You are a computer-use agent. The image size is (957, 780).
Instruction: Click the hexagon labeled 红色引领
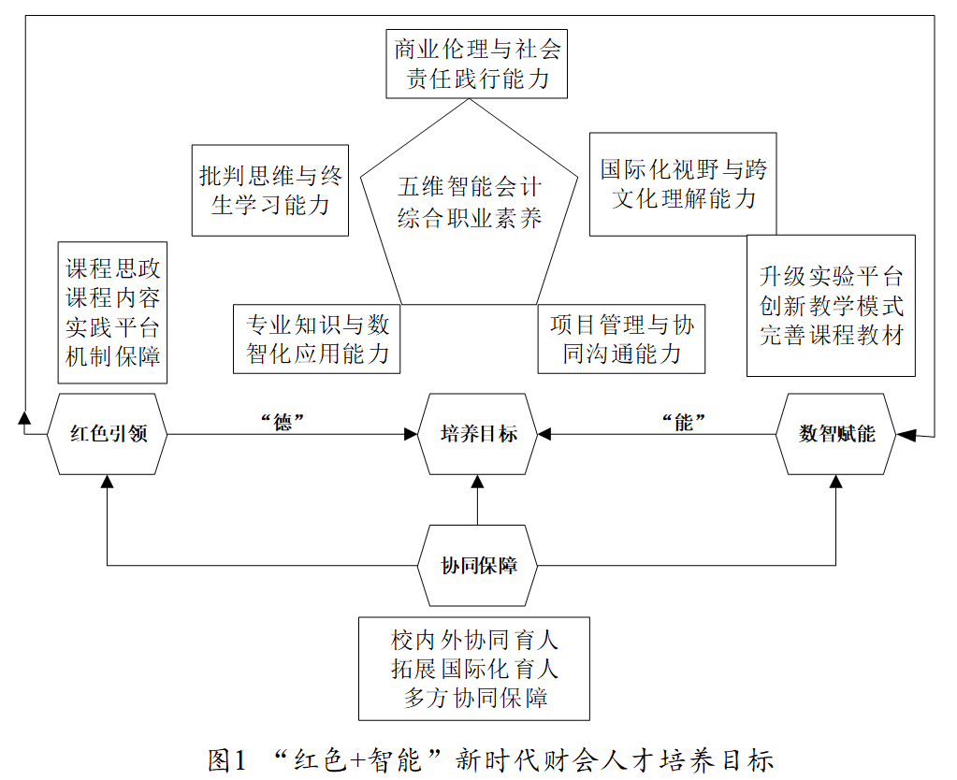click(108, 434)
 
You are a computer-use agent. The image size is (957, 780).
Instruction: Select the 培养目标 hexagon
click(478, 434)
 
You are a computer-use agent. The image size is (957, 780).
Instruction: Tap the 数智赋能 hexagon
click(836, 434)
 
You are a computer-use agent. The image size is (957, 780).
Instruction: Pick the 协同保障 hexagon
click(478, 566)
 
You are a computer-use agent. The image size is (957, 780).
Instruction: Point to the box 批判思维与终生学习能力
click(269, 190)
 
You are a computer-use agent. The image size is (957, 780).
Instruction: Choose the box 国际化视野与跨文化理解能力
click(683, 183)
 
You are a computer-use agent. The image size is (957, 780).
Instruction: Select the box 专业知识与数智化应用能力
click(317, 339)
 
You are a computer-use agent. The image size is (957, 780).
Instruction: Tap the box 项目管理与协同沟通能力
click(621, 339)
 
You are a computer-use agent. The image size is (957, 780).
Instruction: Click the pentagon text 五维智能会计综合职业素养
click(470, 202)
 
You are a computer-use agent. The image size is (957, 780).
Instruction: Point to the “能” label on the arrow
click(685, 421)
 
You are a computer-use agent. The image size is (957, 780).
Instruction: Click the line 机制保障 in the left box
click(112, 356)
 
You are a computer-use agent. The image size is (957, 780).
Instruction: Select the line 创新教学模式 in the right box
click(831, 306)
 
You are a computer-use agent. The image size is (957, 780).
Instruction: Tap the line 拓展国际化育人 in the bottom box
click(474, 669)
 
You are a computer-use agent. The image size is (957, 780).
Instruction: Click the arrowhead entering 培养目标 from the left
click(412, 434)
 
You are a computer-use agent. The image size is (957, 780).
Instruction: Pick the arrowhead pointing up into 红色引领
click(108, 481)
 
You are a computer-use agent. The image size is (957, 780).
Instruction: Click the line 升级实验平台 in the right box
click(831, 277)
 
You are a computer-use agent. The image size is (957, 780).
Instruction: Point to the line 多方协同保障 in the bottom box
click(474, 697)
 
